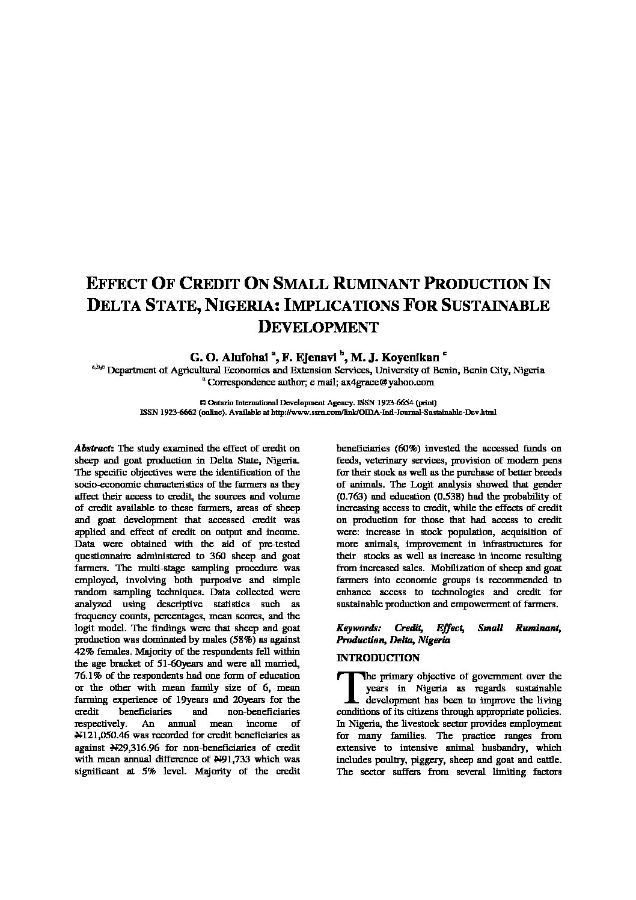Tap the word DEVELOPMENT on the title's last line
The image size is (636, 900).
coord(318,327)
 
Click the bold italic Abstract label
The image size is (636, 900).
coord(94,448)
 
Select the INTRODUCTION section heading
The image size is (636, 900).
coord(378,658)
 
